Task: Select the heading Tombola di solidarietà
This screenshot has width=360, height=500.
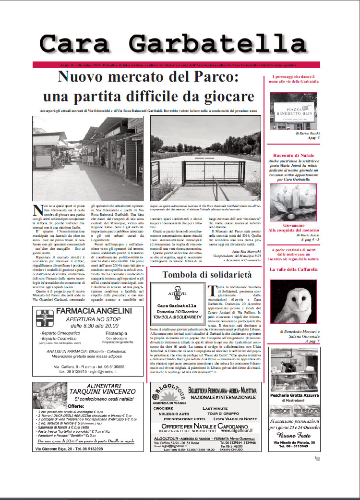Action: pos(206,275)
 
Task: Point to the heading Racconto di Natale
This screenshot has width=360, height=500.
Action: pos(293,155)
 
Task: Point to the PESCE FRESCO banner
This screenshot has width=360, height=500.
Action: pos(294,411)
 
